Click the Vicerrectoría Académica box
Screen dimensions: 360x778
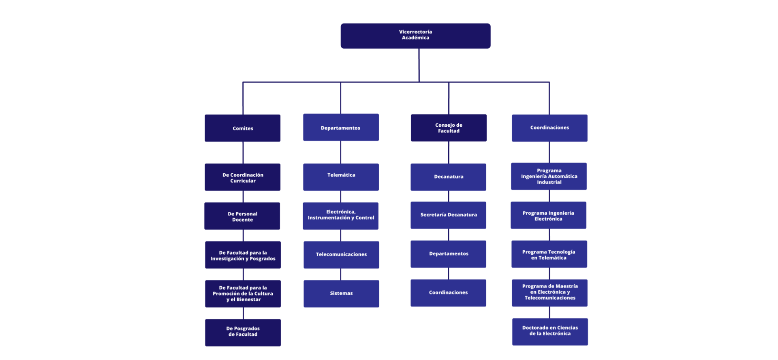[x=415, y=36]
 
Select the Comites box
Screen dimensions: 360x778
[x=242, y=128]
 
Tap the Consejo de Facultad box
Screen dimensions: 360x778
[x=448, y=128]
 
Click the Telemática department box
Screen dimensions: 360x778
[x=341, y=177]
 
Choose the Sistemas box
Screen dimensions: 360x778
[x=341, y=294]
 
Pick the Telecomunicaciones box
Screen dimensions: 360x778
[x=341, y=255]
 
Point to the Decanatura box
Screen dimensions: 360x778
[x=448, y=177]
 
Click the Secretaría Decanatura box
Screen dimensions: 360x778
[x=448, y=215]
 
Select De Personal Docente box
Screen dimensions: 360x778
[x=242, y=216]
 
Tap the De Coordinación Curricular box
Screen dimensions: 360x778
[x=242, y=177]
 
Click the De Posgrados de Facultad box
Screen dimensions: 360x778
[x=243, y=332]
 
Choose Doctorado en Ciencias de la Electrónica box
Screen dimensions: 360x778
[x=550, y=332]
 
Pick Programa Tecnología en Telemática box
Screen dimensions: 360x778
[x=549, y=254]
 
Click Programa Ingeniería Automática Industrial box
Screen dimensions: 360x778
[x=549, y=177]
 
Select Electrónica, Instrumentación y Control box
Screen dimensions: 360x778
[x=340, y=216]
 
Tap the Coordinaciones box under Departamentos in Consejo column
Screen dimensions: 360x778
[x=448, y=293]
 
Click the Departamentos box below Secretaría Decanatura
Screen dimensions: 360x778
[x=448, y=254]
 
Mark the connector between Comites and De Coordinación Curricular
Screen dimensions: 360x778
[x=243, y=153]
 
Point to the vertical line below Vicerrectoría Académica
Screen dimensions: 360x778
[x=419, y=65]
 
